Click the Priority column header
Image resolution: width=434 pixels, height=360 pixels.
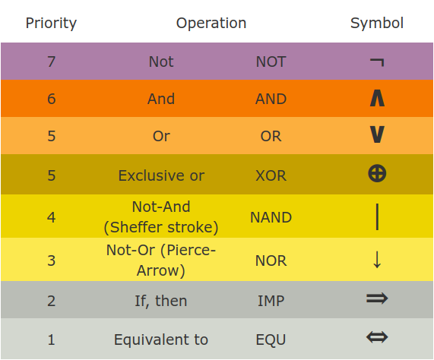51,23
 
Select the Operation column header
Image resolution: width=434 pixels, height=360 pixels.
211,23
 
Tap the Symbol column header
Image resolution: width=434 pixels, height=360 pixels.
376,23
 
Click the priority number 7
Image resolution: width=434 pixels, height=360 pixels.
51,62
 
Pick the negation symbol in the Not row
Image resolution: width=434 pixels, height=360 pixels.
376,62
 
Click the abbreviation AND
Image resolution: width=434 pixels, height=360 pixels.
271,99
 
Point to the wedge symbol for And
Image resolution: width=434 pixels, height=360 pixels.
376,98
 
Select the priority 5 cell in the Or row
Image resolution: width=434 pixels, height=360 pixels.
51,137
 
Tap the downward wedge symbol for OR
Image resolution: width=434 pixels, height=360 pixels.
376,135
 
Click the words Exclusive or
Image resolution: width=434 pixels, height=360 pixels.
161,175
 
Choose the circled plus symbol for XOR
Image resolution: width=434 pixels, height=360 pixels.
376,174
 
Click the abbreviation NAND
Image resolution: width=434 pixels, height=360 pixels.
271,217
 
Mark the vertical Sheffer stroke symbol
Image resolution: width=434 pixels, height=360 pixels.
377,216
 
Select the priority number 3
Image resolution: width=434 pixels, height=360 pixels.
51,261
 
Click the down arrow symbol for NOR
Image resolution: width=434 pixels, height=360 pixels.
377,260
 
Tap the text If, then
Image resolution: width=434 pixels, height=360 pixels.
161,301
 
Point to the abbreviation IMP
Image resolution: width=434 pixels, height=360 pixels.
271,301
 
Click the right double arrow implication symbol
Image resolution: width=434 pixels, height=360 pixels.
376,298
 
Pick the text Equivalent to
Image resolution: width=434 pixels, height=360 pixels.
161,339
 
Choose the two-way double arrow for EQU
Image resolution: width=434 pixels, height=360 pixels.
376,337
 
